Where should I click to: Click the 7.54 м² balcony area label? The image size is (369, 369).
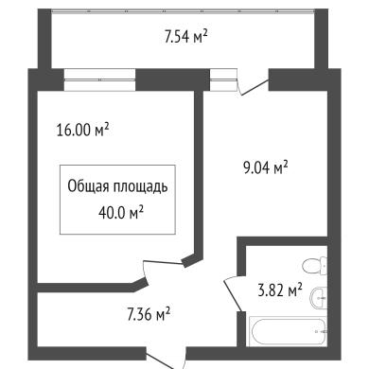(185, 37)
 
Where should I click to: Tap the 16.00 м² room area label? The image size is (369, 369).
(82, 130)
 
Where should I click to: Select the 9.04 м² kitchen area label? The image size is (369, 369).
(265, 167)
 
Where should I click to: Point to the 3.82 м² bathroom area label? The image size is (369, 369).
(280, 290)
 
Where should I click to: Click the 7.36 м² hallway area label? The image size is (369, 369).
(149, 314)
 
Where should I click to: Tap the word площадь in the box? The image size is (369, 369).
(140, 187)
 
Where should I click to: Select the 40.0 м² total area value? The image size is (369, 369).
(121, 213)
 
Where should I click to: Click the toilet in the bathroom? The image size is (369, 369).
(314, 265)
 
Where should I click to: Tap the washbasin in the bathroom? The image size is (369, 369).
(319, 298)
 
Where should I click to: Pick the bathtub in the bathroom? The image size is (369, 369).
(288, 331)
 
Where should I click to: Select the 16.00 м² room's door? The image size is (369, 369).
(163, 263)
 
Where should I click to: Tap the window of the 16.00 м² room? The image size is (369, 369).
(99, 79)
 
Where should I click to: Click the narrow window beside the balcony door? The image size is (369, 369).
(223, 79)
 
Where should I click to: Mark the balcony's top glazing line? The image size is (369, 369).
(183, 11)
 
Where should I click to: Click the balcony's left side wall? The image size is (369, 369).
(44, 39)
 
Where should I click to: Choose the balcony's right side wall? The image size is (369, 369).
(322, 39)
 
